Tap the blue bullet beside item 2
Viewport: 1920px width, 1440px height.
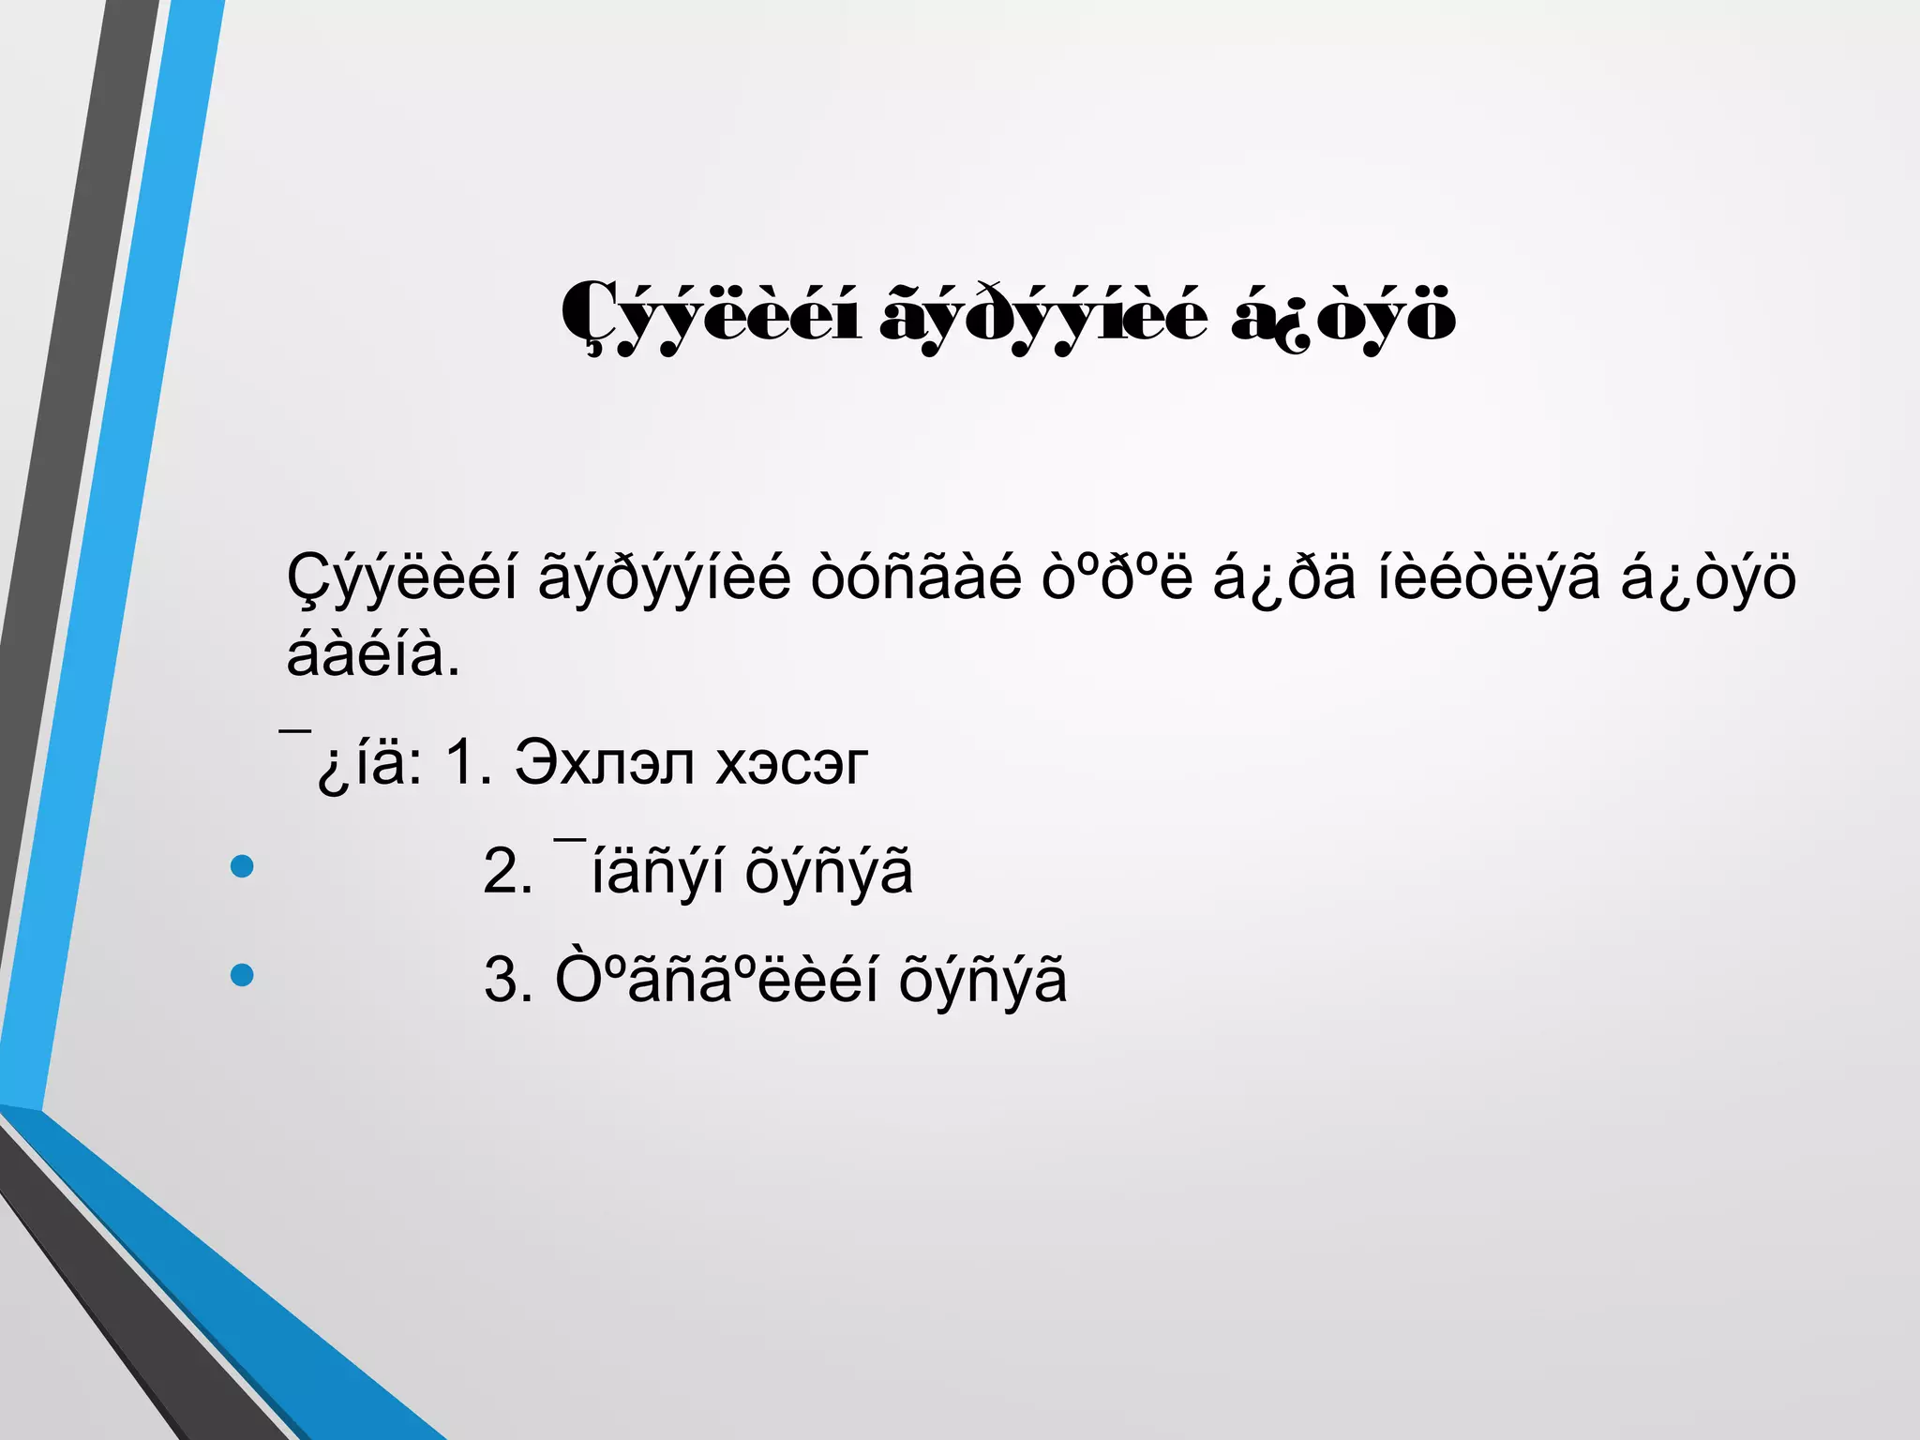pos(242,866)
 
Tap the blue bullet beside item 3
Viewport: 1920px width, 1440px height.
pos(242,975)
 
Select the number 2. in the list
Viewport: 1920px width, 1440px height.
pos(507,871)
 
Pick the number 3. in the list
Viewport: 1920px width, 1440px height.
pos(507,980)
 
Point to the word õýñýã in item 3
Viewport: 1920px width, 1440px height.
pos(982,980)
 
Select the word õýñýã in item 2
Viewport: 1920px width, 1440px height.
pos(828,871)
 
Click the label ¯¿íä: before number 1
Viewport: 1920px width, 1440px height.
pos(352,762)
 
